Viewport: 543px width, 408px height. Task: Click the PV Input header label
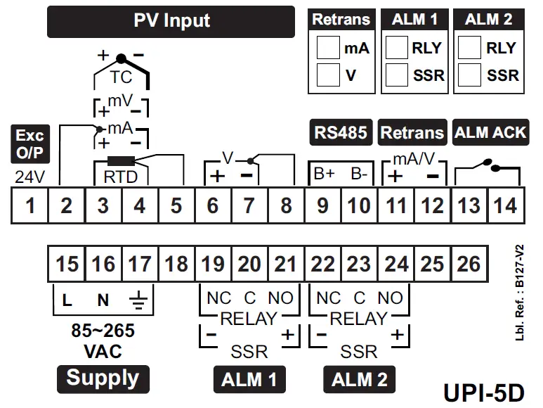171,21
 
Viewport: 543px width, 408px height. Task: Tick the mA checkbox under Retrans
327,48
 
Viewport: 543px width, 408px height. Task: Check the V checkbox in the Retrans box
327,74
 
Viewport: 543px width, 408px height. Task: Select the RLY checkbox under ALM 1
398,48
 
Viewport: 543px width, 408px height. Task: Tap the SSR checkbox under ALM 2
469,74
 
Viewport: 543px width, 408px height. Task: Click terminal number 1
30,205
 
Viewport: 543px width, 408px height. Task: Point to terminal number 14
505,205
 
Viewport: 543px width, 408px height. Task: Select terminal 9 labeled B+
322,205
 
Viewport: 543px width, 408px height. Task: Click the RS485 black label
340,132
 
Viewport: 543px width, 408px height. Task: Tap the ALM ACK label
490,132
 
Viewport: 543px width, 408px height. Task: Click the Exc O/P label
30,143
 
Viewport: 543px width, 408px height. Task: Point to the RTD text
121,175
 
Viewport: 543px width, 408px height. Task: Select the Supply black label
103,378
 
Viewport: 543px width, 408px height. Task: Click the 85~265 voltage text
103,331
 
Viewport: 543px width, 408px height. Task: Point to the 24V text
30,175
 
